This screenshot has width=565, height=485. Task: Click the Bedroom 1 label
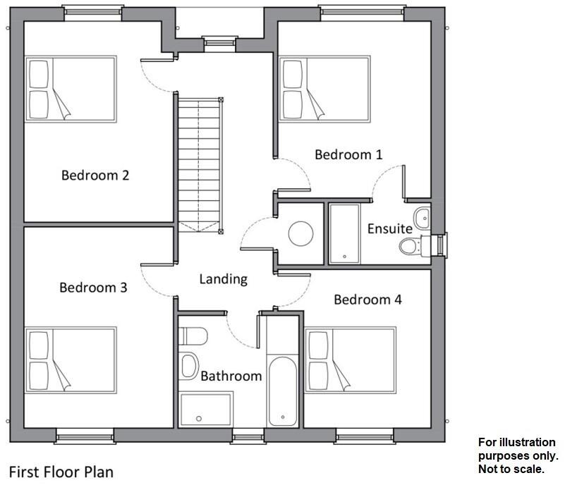pos(348,154)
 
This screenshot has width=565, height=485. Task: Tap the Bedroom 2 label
pos(95,175)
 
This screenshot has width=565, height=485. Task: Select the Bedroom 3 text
pos(93,288)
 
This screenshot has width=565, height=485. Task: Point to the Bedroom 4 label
pos(367,300)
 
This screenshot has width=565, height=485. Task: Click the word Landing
pos(223,279)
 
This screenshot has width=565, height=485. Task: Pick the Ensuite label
pos(389,228)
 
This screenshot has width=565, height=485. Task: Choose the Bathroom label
pos(231,376)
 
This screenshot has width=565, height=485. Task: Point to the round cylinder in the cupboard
pos(301,233)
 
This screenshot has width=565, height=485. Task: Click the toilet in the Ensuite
pos(411,246)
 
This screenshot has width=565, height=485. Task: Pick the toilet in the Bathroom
pos(193,336)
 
